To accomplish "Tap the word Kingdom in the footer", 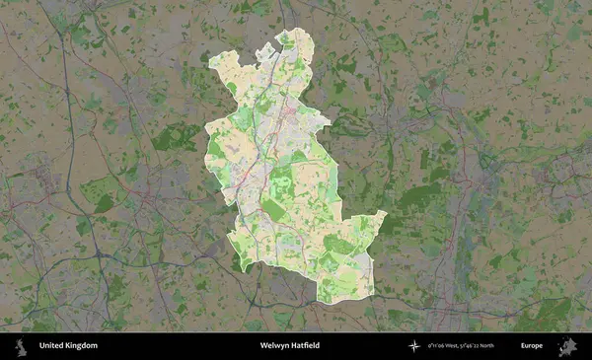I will tap(81, 346).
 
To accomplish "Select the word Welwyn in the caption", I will tap(273, 346).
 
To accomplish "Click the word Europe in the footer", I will tap(532, 346).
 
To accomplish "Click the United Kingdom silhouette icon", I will tap(20, 346).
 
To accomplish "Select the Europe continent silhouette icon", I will tap(568, 346).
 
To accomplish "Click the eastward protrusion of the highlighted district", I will tap(381, 215).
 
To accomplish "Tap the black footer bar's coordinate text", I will tap(474, 346).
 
